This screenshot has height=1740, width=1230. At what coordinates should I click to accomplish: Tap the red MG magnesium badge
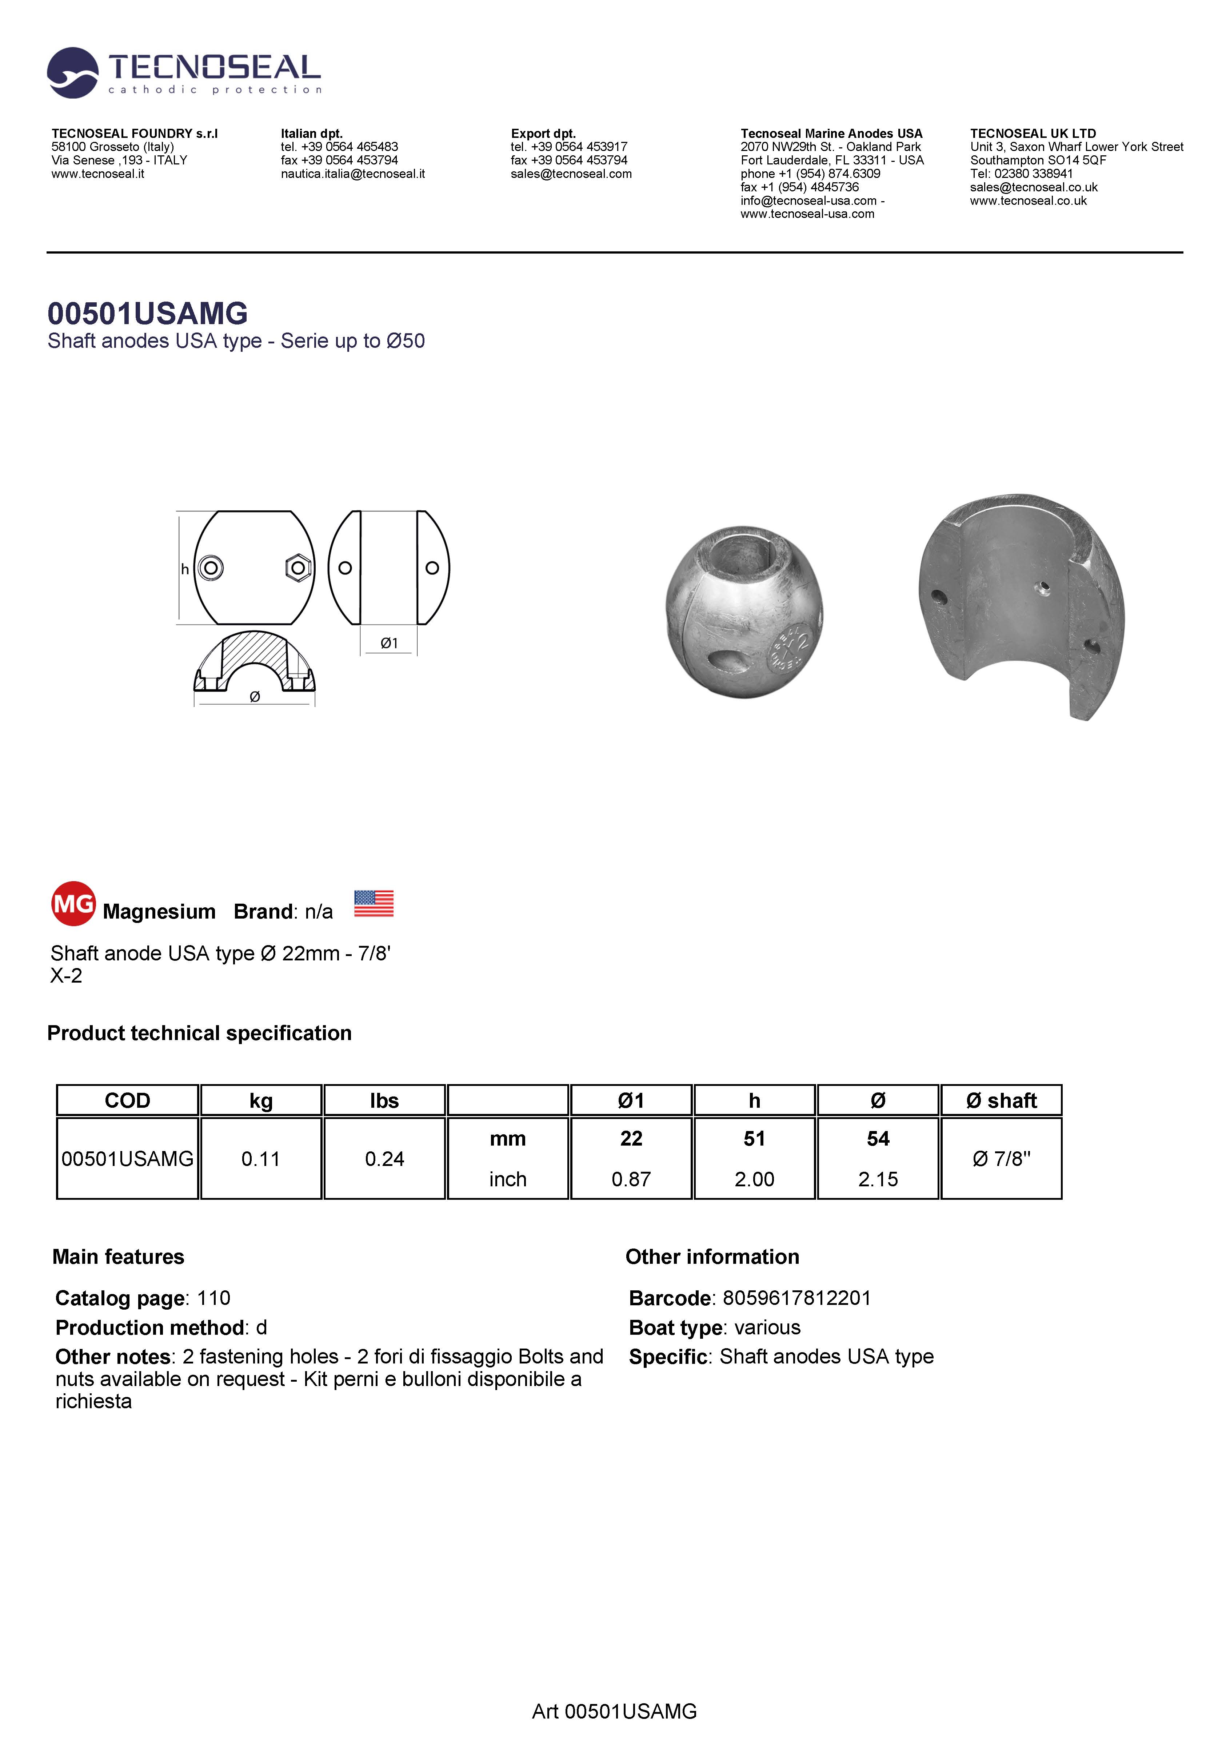pos(73,903)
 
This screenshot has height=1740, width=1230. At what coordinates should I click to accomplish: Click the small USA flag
pos(374,903)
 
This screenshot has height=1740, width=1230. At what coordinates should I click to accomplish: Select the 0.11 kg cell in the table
pos(261,1159)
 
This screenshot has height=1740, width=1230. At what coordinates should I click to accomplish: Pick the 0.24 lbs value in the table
pos(384,1159)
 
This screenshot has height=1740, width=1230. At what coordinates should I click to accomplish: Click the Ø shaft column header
pos(1001,1100)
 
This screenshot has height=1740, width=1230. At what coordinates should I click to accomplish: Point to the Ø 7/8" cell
pos(1001,1159)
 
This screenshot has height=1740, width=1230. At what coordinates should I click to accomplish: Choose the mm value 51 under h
pos(754,1138)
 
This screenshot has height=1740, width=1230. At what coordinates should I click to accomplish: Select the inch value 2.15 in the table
pos(878,1179)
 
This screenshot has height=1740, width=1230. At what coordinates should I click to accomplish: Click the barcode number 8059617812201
pos(796,1298)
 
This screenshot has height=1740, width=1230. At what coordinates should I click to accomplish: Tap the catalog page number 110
pos(214,1298)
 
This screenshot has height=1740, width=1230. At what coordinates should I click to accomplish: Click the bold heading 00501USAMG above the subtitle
pos(148,313)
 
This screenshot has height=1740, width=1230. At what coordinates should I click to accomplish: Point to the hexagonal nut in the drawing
pos(298,568)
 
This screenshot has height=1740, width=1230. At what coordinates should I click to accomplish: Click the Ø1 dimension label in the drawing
pos(389,644)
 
